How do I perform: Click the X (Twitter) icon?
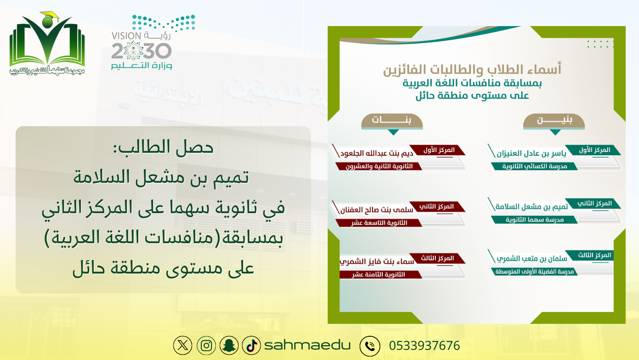[183, 346]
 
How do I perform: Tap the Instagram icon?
[206, 346]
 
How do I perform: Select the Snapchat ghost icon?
[229, 346]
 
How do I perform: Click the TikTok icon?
[251, 346]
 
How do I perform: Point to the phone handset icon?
[370, 346]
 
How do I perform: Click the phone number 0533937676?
[424, 346]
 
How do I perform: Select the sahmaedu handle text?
[307, 345]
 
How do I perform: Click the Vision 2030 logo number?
[141, 51]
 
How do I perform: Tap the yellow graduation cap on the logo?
[50, 16]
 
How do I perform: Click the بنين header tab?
[554, 121]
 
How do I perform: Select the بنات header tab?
[392, 121]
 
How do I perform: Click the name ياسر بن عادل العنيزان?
[531, 154]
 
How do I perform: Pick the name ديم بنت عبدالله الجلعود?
[376, 154]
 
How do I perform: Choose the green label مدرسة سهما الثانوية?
[534, 220]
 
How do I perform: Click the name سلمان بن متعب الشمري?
[532, 258]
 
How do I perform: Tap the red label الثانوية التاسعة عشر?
[379, 223]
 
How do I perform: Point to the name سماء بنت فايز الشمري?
[377, 261]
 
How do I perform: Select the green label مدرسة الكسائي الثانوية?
[534, 166]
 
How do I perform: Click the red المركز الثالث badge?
[437, 258]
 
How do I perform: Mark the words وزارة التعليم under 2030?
[141, 65]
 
